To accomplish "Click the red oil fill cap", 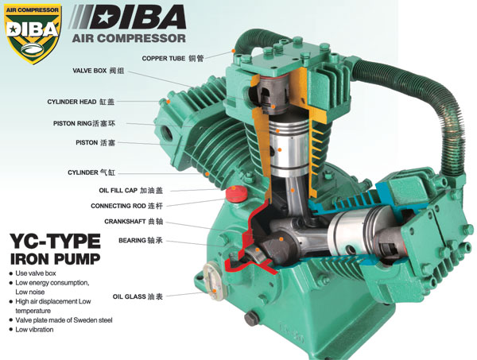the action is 235,194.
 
